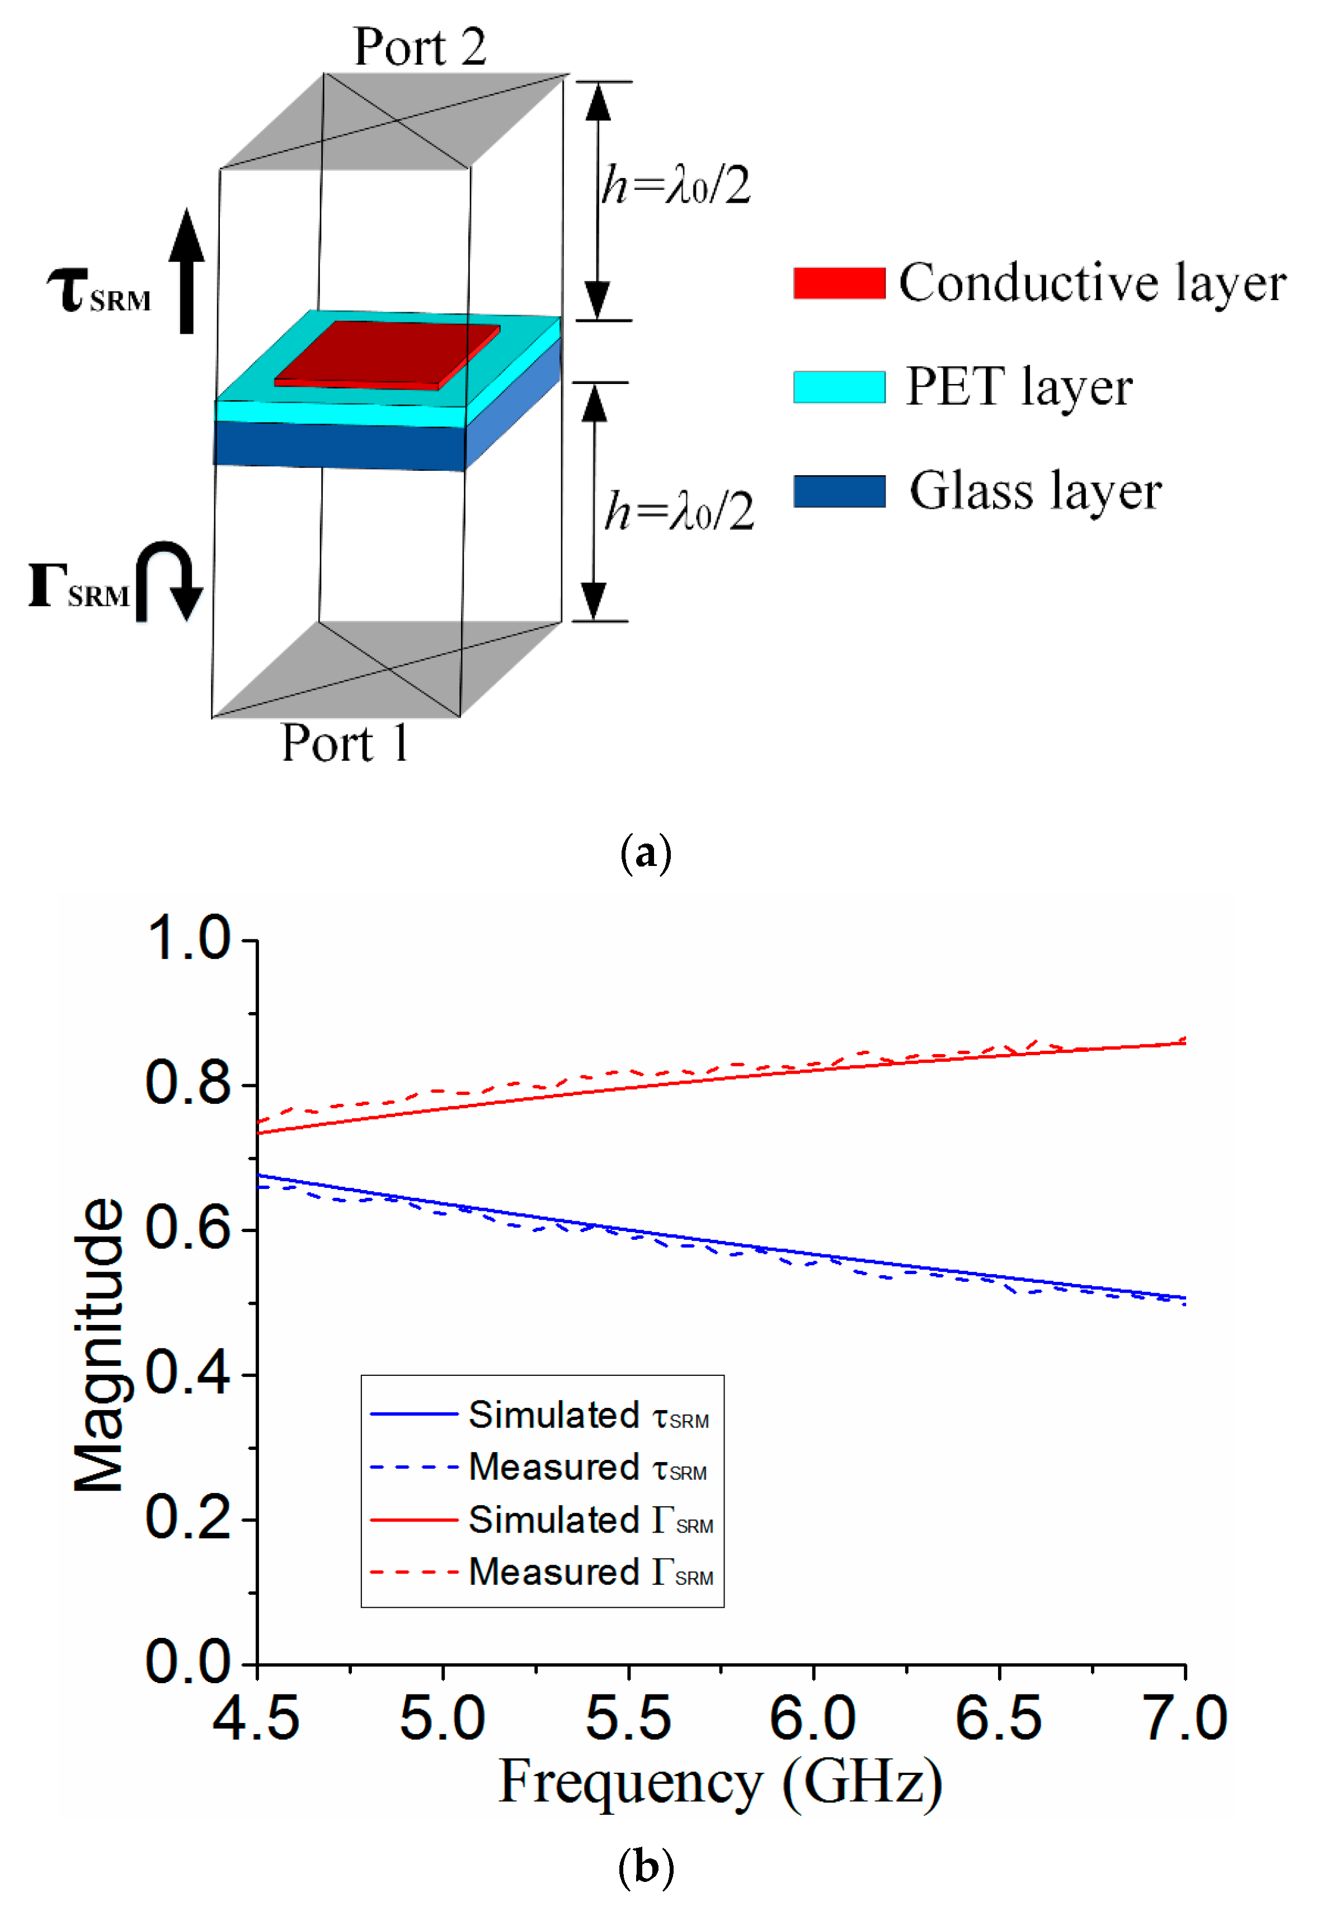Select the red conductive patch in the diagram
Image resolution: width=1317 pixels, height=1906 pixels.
388,353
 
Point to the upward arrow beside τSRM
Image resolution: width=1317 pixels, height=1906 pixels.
187,271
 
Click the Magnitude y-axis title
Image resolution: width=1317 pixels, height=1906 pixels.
99,1346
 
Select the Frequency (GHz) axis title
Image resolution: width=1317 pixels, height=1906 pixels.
721,1783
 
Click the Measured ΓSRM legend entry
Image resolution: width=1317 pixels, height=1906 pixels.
542,1572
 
